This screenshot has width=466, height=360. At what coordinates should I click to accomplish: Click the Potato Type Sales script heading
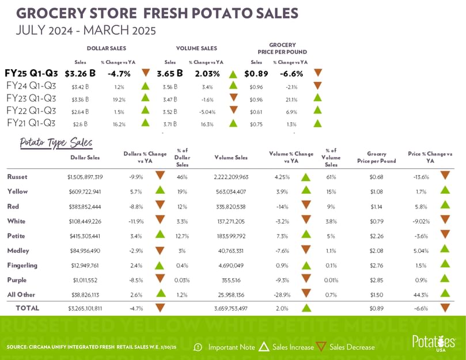pos(56,142)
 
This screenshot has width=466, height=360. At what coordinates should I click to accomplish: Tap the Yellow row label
pos(17,191)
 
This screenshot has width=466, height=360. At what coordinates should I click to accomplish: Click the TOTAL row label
pos(27,308)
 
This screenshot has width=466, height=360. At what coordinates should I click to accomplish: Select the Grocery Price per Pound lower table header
pos(377,157)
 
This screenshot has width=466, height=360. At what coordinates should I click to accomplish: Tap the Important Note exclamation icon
pos(198,347)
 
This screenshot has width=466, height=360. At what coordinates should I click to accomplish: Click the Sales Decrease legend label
pos(352,347)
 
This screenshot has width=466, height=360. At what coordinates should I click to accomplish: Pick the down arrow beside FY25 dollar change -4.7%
pos(146,73)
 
